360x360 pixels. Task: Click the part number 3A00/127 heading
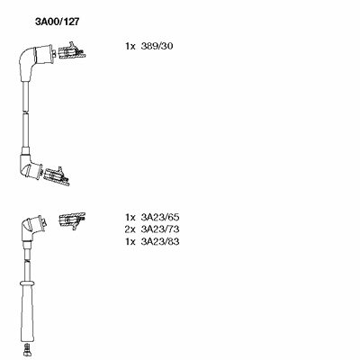point(58,22)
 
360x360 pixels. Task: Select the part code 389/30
point(157,46)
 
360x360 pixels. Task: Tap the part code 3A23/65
point(160,217)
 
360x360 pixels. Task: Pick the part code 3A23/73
point(160,229)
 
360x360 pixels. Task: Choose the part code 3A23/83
point(160,241)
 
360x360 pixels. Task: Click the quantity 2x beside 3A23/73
point(130,229)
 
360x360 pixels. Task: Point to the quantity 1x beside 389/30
point(130,46)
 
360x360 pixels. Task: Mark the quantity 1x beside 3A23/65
point(130,217)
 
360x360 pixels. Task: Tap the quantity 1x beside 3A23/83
point(130,241)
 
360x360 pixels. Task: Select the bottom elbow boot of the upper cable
point(30,167)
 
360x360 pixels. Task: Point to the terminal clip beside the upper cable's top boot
point(72,51)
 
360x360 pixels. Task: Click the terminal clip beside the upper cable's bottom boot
point(57,176)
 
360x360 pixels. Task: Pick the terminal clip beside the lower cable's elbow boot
point(72,220)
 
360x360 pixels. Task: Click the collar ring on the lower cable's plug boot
point(27,283)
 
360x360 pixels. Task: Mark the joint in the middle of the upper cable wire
point(26,112)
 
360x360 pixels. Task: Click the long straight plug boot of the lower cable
point(27,315)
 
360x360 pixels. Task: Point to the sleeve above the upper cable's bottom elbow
point(25,150)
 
